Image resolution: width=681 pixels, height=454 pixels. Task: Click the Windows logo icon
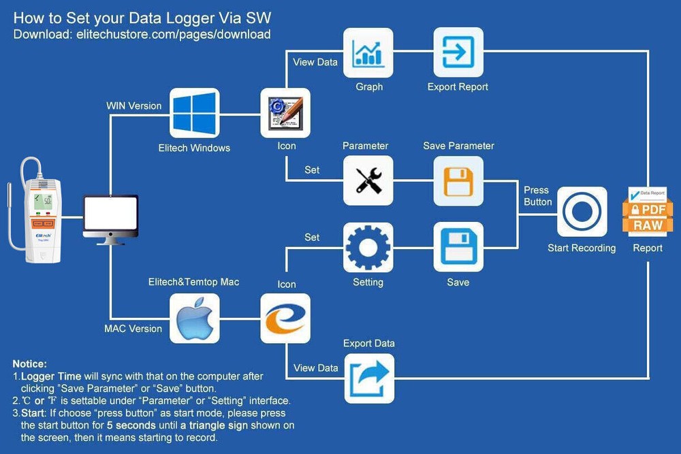(194, 113)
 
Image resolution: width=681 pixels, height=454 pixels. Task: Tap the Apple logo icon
(194, 318)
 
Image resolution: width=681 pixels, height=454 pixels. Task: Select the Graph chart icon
(368, 52)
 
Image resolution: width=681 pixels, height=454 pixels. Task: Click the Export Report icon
(458, 52)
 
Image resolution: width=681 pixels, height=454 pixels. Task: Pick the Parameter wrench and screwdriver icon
(368, 180)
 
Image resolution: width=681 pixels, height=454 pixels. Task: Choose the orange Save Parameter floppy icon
(458, 180)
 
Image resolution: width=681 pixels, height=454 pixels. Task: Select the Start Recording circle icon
(582, 212)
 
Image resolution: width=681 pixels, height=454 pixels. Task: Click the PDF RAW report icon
(647, 212)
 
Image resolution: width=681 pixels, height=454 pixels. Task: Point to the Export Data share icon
(368, 378)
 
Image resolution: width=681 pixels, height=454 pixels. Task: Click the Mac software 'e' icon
(285, 318)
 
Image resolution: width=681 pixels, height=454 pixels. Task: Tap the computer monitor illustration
(110, 217)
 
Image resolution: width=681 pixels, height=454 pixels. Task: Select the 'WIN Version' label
(134, 106)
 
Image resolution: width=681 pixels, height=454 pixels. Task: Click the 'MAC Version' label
(133, 329)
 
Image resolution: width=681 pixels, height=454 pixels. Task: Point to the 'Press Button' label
(537, 196)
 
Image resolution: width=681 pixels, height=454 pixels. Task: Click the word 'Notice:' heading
(30, 364)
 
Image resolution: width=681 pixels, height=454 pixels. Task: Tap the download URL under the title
(142, 35)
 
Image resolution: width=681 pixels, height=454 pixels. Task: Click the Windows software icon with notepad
(285, 113)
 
